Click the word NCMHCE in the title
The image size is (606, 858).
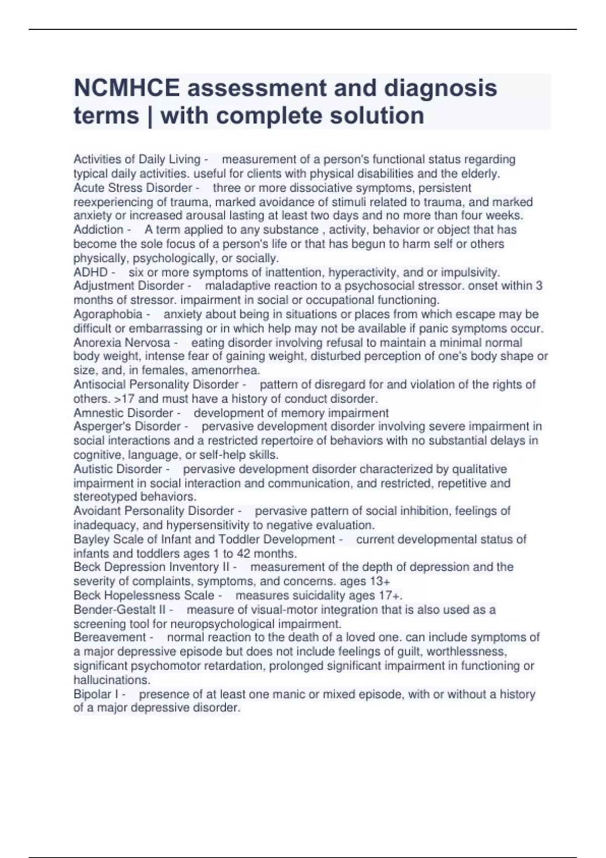[126, 88]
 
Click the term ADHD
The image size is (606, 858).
[90, 273]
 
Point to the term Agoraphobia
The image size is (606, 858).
[108, 314]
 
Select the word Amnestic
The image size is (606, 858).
[96, 413]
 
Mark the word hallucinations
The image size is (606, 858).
[112, 680]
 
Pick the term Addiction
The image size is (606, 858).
[98, 230]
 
